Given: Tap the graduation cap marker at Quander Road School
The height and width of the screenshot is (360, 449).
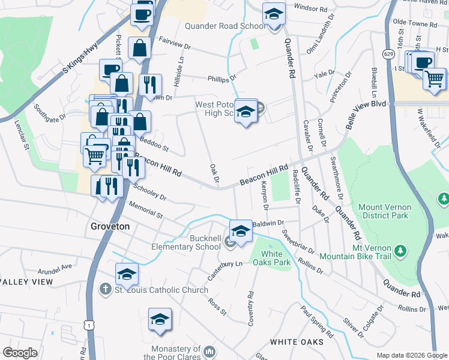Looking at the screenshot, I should click(x=274, y=13).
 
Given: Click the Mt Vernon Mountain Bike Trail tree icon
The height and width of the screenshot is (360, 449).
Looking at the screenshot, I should click(x=402, y=249).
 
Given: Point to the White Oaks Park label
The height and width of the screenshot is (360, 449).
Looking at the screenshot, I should click(x=276, y=257).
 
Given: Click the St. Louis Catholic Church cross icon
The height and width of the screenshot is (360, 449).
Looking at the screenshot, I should click(x=104, y=289).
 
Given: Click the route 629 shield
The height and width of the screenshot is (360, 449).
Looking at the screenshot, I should click(x=390, y=55).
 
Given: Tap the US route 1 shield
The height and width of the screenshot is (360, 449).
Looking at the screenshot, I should click(x=89, y=325).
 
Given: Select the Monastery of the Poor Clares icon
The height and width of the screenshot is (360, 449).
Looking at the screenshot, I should click(x=209, y=350).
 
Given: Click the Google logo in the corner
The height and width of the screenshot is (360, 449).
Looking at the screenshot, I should click(x=20, y=352).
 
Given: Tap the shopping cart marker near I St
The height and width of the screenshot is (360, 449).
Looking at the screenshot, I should click(x=434, y=78).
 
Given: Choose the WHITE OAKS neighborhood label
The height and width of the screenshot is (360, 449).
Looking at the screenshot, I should click(x=297, y=342).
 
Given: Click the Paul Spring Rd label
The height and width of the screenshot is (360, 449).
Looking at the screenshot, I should click(x=318, y=320).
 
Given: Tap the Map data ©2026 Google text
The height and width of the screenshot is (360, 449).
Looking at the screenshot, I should click(x=411, y=355).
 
